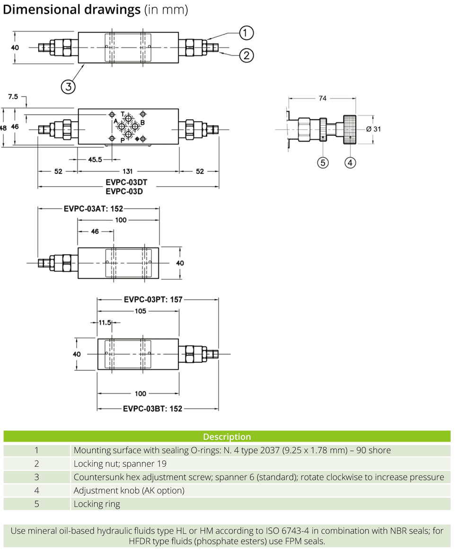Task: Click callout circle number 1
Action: (x=246, y=33)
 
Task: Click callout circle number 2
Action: (x=246, y=55)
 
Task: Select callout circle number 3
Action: (x=69, y=87)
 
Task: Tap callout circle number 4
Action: (x=350, y=162)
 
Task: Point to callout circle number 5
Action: (x=323, y=162)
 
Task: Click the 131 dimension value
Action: (x=128, y=171)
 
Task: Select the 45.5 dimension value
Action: (x=95, y=160)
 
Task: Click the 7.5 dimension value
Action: (x=13, y=97)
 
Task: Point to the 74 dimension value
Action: (x=322, y=98)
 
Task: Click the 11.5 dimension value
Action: (x=105, y=322)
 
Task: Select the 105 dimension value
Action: (x=140, y=311)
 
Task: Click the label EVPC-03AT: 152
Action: (x=93, y=208)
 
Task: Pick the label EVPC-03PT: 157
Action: (x=153, y=299)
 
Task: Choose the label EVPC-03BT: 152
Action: (x=152, y=409)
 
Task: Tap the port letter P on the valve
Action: (x=122, y=141)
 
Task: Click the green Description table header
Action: (x=227, y=436)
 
